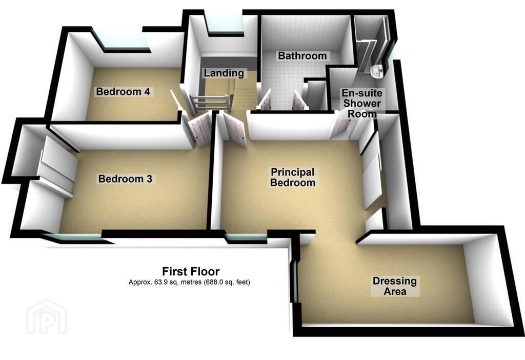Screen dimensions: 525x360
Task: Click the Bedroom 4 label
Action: (123, 91)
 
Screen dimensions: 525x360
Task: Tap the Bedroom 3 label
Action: (125, 179)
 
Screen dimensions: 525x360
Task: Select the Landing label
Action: (224, 73)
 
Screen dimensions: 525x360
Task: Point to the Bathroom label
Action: (302, 55)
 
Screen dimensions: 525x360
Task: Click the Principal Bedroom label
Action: (293, 177)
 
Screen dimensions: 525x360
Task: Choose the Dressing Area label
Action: (395, 286)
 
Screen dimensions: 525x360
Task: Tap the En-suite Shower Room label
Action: (362, 103)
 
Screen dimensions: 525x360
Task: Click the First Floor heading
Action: (191, 271)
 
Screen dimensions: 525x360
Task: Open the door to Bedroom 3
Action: (200, 129)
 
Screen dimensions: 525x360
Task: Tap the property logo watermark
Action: (47, 316)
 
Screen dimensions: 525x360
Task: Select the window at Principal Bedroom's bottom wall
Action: (246, 238)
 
